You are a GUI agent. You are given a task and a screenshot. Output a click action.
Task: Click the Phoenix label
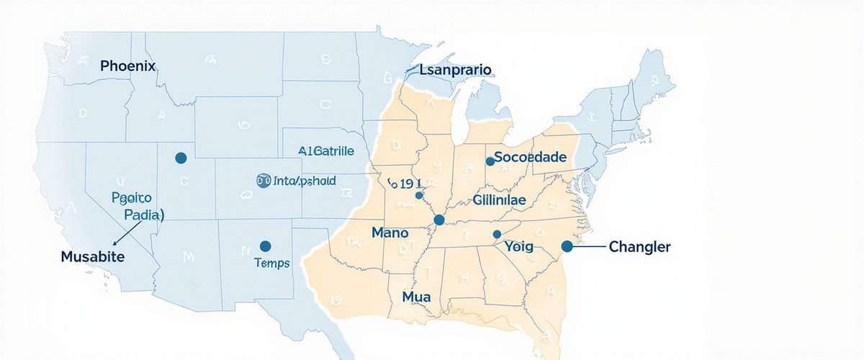(128, 66)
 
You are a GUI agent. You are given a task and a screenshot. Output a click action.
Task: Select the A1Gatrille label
(326, 151)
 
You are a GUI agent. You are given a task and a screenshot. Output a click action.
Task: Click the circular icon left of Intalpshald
(263, 181)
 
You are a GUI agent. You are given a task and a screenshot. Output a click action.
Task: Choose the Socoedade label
(531, 157)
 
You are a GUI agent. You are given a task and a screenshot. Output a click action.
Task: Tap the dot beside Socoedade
(490, 161)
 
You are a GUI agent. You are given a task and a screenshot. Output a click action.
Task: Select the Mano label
(390, 233)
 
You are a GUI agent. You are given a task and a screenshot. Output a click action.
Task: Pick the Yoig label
(518, 247)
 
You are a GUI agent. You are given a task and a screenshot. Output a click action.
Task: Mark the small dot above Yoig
(496, 234)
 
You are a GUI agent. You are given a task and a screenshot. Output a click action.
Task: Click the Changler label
(639, 247)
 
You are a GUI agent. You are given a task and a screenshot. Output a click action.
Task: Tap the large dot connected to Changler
(567, 246)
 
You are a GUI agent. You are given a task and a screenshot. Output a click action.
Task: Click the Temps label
(272, 264)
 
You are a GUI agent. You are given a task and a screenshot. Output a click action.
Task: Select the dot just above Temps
(265, 246)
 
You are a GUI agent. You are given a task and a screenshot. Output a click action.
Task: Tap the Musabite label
(92, 256)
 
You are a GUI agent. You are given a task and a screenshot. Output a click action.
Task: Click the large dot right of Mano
(439, 220)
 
